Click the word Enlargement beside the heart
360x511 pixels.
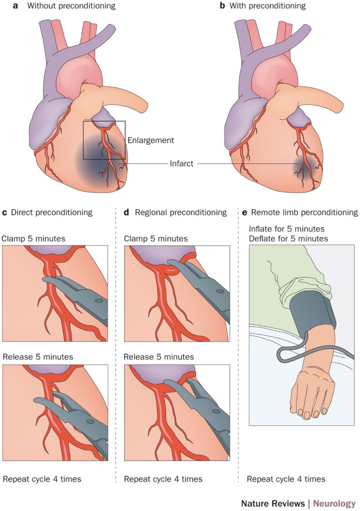pos(150,140)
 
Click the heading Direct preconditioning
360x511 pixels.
pos(51,212)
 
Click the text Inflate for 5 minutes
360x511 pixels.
pos(287,229)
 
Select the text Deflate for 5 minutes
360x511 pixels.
pos(288,239)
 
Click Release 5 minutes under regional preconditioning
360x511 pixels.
pos(159,357)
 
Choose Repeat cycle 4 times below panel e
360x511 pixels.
pos(286,479)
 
